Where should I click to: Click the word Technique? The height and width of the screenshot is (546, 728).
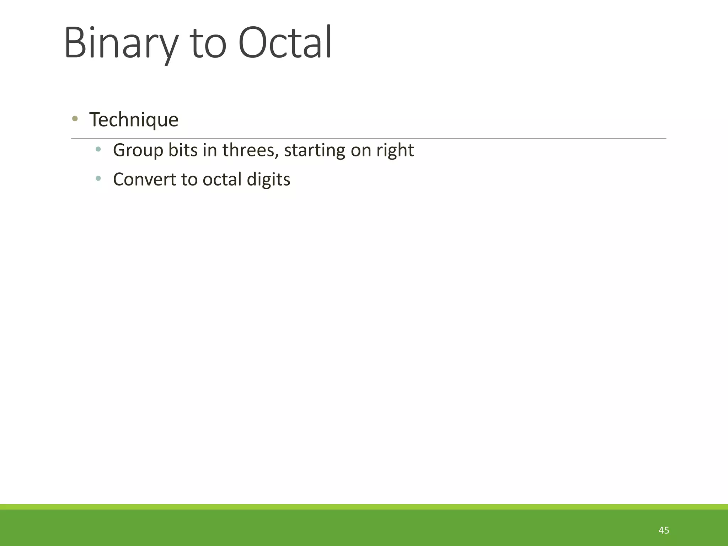134,119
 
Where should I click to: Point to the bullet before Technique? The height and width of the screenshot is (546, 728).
75,119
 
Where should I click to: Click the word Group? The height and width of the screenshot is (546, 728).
138,150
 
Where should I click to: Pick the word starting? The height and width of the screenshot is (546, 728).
314,150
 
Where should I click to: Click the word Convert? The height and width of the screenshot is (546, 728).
144,179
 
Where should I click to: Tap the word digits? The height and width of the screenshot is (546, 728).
268,179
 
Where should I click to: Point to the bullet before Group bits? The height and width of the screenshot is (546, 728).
98,149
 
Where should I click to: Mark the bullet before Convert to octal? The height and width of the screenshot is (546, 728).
98,178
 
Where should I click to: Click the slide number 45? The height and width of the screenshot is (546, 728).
664,530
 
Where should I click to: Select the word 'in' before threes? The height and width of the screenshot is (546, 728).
210,150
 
